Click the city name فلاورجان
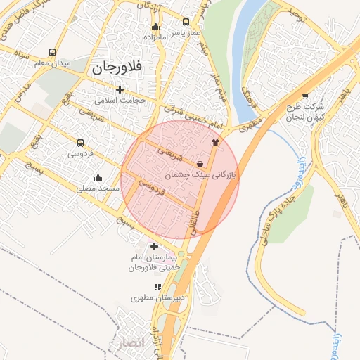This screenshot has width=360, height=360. [x=117, y=69]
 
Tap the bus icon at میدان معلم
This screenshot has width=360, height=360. [x=53, y=52]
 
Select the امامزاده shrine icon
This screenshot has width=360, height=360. [x=155, y=27]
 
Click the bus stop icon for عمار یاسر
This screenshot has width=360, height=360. [x=186, y=22]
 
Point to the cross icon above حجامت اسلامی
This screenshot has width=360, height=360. [x=120, y=89]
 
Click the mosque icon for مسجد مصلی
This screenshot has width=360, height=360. [x=97, y=177]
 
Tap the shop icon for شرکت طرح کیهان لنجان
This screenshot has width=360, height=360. [x=304, y=96]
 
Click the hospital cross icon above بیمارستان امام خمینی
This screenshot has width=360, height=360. [x=155, y=246]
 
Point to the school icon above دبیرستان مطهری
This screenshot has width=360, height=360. [x=157, y=287]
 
